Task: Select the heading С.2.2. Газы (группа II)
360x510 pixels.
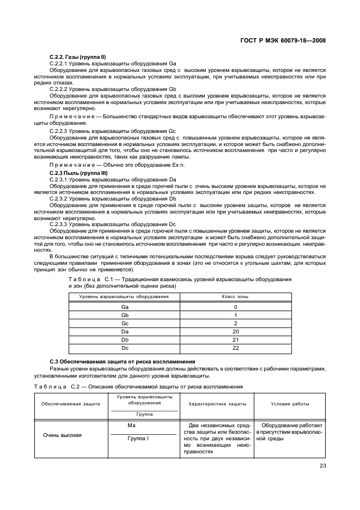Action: click(x=77, y=57)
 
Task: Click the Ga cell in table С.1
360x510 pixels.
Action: click(x=124, y=307)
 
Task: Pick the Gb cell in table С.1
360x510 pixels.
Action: click(x=124, y=315)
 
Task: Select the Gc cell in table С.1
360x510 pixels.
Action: click(x=124, y=323)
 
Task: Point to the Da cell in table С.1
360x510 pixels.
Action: click(x=124, y=331)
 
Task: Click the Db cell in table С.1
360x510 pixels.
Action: click(x=124, y=339)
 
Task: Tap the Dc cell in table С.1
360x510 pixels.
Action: click(x=124, y=348)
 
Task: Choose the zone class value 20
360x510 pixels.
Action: click(x=235, y=331)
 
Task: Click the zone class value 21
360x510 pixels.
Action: click(x=235, y=339)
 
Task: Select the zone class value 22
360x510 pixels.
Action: click(x=235, y=348)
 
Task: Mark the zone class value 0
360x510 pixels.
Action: click(x=235, y=307)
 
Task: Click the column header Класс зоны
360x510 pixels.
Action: click(x=235, y=297)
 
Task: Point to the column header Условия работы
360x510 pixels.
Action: click(x=290, y=404)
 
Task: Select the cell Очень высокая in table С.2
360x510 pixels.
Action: click(x=62, y=435)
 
